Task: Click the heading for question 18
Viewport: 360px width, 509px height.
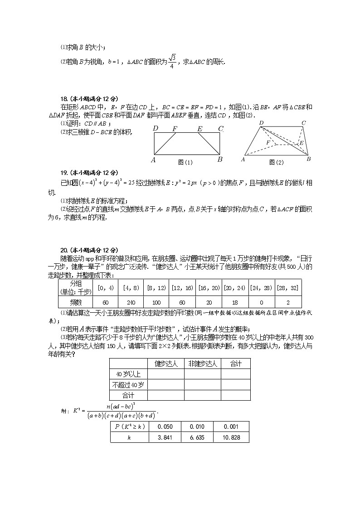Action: tap(82, 98)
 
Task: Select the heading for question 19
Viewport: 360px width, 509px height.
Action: tap(82, 173)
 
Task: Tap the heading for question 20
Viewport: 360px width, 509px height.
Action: tap(82, 250)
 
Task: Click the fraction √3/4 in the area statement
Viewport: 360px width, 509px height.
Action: tap(171, 61)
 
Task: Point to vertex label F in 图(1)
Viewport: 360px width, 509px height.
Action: tap(175, 129)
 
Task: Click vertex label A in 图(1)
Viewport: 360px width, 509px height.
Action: tap(153, 160)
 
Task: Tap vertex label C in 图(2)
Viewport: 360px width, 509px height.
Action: tap(303, 123)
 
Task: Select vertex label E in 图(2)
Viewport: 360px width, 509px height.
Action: tap(301, 143)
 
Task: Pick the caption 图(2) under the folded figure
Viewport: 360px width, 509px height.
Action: tap(276, 162)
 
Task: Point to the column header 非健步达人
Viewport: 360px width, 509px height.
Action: tap(202, 364)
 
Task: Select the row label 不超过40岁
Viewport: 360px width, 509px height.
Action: tap(128, 384)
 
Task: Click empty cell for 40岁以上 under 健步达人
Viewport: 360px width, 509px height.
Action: tap(165, 374)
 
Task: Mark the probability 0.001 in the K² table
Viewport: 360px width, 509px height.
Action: tap(231, 427)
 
